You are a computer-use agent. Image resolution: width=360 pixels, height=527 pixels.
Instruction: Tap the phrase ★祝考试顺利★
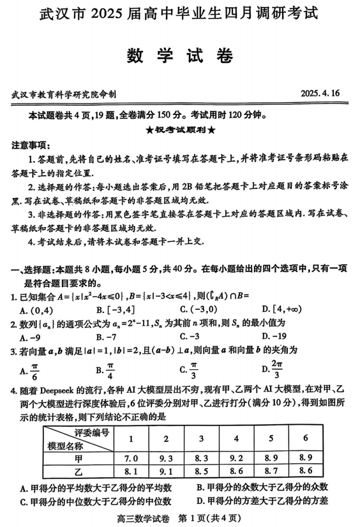[180, 130]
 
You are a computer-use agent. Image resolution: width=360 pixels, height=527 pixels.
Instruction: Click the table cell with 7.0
[131, 457]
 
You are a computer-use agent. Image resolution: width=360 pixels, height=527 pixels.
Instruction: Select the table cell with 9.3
[166, 457]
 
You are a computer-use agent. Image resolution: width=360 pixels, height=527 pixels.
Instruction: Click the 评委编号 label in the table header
[92, 432]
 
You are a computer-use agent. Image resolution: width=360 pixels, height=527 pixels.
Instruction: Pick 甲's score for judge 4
[237, 457]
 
